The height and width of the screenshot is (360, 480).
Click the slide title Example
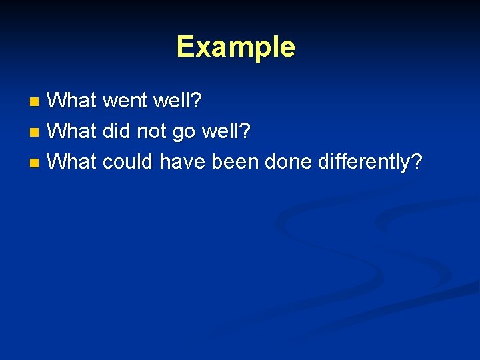[235, 47]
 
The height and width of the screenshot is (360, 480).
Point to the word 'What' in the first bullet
[73, 101]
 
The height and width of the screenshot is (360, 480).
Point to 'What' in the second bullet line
[73, 131]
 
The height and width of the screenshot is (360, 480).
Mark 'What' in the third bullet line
[73, 161]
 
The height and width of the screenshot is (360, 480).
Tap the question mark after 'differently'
[417, 161]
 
